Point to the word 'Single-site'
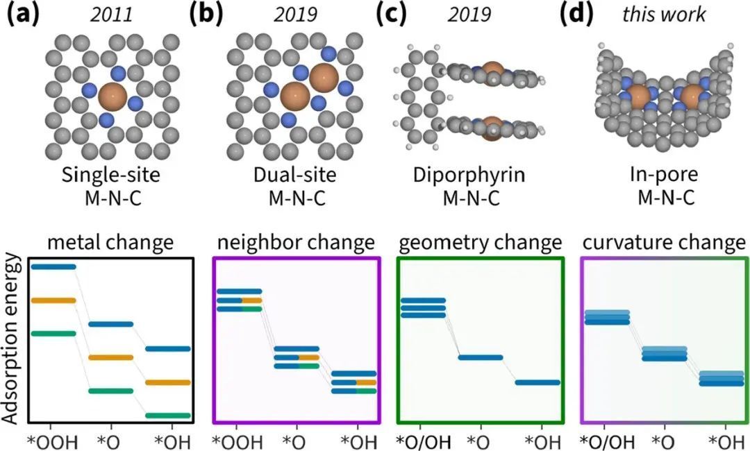coord(110,175)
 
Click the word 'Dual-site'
coord(297,175)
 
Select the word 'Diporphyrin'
coord(480,175)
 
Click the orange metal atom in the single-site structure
coord(113,96)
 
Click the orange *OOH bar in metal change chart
coord(53,300)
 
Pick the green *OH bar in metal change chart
coord(168,416)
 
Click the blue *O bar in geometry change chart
coord(480,357)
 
